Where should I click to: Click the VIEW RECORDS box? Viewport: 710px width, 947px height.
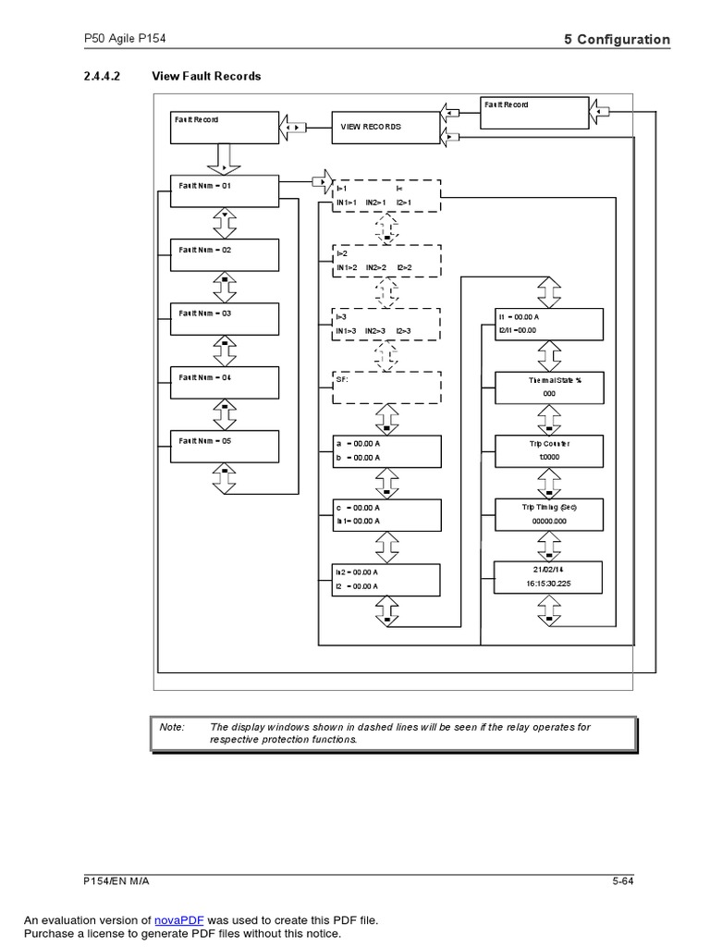386,128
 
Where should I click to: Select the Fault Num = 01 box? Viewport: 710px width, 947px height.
224,191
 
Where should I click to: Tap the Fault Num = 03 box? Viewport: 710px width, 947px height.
224,319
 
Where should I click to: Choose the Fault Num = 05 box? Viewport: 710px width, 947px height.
224,447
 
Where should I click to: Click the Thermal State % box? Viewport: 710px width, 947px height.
549,387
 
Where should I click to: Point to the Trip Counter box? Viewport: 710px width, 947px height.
549,450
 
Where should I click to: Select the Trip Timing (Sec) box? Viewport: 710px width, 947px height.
549,514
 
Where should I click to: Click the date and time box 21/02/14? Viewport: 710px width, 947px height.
549,578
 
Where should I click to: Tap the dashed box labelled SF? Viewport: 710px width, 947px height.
386,387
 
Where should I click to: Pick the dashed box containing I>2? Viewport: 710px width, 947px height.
386,260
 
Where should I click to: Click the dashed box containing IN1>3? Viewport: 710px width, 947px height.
386,324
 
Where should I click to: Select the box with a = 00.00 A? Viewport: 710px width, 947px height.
386,450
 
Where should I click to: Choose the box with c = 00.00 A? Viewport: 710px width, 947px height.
386,514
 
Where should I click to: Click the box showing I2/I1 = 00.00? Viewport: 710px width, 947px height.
549,324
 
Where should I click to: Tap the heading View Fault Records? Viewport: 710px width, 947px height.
206,76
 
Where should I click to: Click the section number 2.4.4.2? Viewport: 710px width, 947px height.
102,76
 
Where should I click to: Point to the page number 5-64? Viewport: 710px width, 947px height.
622,881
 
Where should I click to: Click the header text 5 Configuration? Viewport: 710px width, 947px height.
617,39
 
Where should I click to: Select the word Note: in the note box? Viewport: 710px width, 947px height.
173,727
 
